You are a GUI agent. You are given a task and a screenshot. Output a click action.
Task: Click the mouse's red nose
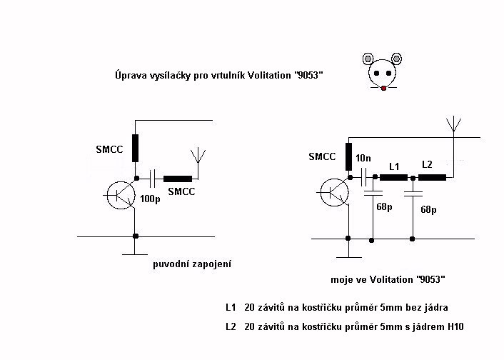pyautogui.click(x=383, y=88)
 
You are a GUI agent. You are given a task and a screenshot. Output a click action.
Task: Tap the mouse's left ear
pyautogui.click(x=368, y=59)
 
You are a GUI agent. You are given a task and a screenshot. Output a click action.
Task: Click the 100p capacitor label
pyautogui.click(x=150, y=199)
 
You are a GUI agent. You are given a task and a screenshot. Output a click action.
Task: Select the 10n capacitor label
pyautogui.click(x=363, y=158)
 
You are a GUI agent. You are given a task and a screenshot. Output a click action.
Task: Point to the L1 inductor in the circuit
pyautogui.click(x=394, y=177)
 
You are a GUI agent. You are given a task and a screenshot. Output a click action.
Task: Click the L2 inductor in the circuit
pyautogui.click(x=433, y=177)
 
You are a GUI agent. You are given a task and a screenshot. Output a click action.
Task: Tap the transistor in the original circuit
pyautogui.click(x=121, y=195)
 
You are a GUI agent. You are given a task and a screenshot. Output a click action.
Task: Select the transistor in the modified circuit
pyautogui.click(x=334, y=192)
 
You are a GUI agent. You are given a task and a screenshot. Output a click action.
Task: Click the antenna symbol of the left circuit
pyautogui.click(x=198, y=156)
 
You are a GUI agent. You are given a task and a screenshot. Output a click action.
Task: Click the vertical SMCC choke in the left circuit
pyautogui.click(x=136, y=148)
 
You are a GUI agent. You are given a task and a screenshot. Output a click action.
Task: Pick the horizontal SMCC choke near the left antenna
pyautogui.click(x=178, y=179)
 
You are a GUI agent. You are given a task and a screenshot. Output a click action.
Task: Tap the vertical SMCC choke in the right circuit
pyautogui.click(x=348, y=156)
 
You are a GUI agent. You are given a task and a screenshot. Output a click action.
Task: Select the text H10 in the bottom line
pyautogui.click(x=455, y=327)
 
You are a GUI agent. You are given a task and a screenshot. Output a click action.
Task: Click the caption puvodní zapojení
pyautogui.click(x=192, y=264)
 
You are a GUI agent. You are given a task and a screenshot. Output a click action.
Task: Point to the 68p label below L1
pyautogui.click(x=384, y=207)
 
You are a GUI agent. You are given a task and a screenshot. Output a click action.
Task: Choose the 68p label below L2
pyautogui.click(x=428, y=210)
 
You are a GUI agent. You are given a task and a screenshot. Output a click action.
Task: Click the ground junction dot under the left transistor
pyautogui.click(x=136, y=236)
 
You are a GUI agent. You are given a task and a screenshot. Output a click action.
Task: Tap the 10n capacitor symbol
pyautogui.click(x=364, y=177)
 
